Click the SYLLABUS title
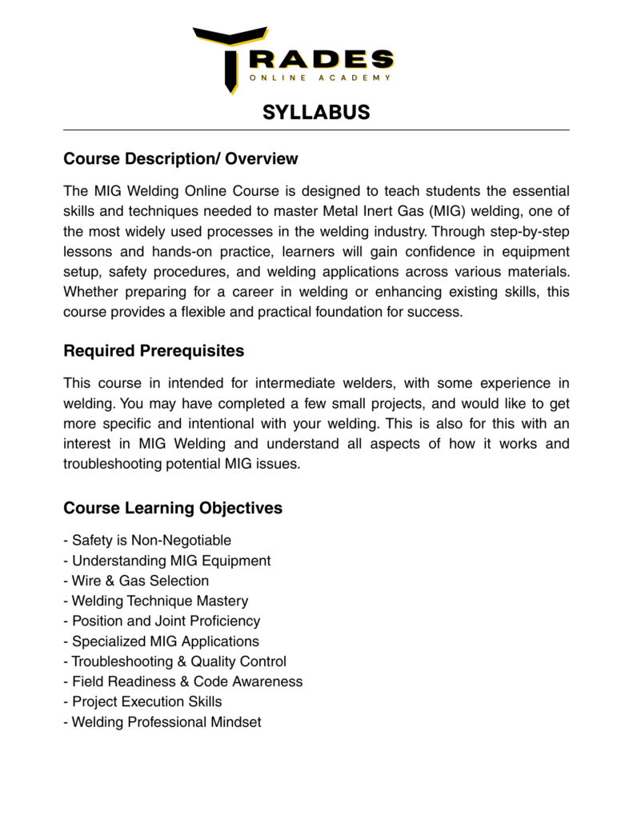(316, 112)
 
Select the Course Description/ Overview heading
(180, 159)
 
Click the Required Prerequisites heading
(154, 351)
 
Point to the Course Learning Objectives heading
(173, 509)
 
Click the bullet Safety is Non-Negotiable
(147, 541)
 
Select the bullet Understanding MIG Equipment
(167, 561)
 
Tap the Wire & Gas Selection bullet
(136, 581)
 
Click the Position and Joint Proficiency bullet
(162, 621)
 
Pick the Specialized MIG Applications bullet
(162, 641)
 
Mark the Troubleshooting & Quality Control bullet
(174, 661)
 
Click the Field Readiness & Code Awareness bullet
(183, 681)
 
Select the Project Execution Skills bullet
(142, 701)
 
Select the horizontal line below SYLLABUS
(316, 130)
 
